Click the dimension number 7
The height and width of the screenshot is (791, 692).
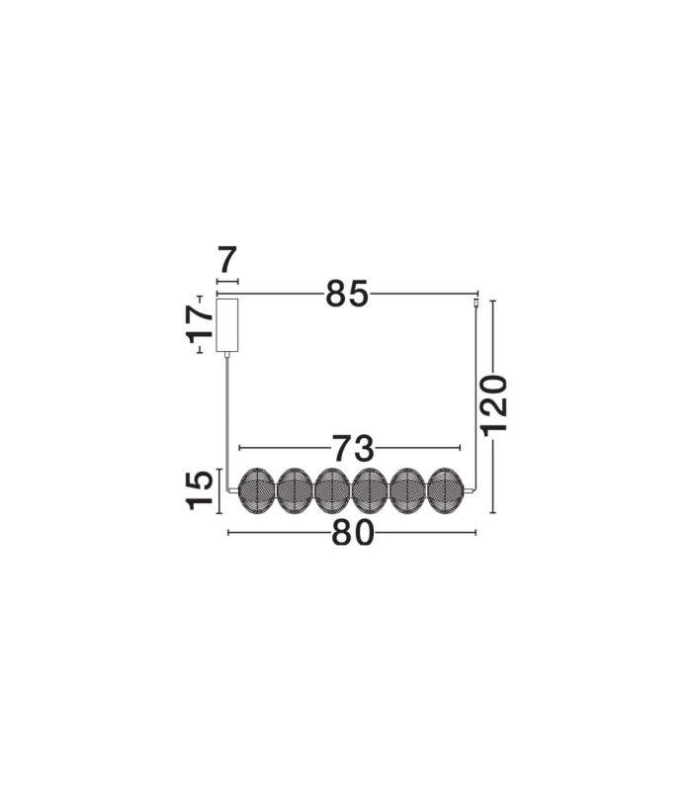coord(227,260)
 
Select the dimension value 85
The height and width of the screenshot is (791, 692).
coord(347,294)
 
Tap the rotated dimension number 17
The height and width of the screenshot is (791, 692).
coord(200,323)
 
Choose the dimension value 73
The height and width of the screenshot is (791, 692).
coord(353,448)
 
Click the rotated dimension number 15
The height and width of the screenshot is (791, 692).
coord(200,490)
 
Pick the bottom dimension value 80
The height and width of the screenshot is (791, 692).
coord(353,533)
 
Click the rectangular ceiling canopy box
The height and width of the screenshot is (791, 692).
coord(227,325)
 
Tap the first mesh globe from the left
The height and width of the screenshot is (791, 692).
coord(256,490)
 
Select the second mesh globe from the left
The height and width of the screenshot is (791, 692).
coord(295,490)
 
